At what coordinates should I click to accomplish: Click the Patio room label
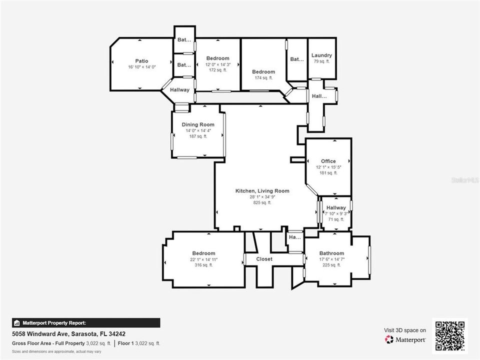coord(141,61)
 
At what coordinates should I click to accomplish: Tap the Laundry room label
coord(321,55)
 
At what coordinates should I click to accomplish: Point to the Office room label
coord(328,161)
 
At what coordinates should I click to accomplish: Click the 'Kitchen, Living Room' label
coord(262,190)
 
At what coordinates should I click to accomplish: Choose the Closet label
coord(264,259)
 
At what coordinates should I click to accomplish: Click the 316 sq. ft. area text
coord(203,265)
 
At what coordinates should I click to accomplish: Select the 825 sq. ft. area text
coord(262,202)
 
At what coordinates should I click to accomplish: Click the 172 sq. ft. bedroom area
coord(217,70)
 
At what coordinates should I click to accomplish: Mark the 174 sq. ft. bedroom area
coord(263,77)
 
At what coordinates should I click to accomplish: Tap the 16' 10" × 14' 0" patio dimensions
coord(141,67)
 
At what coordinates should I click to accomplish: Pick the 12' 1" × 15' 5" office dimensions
coord(328,167)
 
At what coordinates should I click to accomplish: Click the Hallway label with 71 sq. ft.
coord(336,207)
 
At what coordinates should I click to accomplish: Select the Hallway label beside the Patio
coord(180,90)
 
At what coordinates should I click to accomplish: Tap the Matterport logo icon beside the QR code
coord(389,339)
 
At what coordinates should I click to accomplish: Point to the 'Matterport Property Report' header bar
coord(86,323)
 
